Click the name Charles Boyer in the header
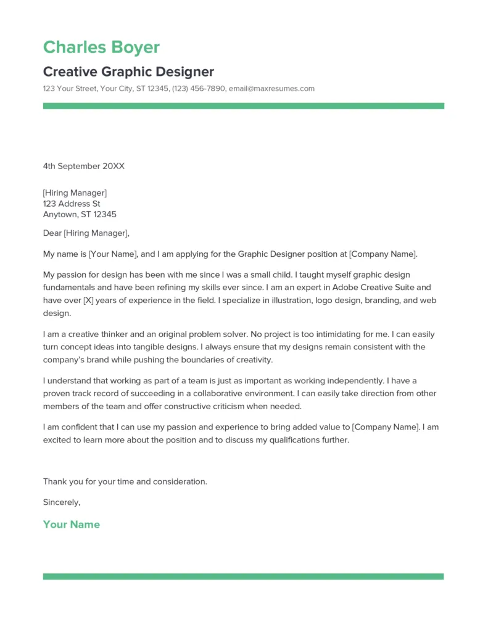point(101,48)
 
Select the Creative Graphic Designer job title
point(128,72)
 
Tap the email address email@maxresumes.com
point(271,89)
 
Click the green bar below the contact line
point(243,106)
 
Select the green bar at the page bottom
point(243,576)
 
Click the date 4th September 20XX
point(84,166)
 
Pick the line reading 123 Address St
point(72,204)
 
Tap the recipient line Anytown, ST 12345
point(80,215)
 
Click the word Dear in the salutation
point(52,233)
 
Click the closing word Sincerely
point(61,502)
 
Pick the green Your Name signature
point(71,525)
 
